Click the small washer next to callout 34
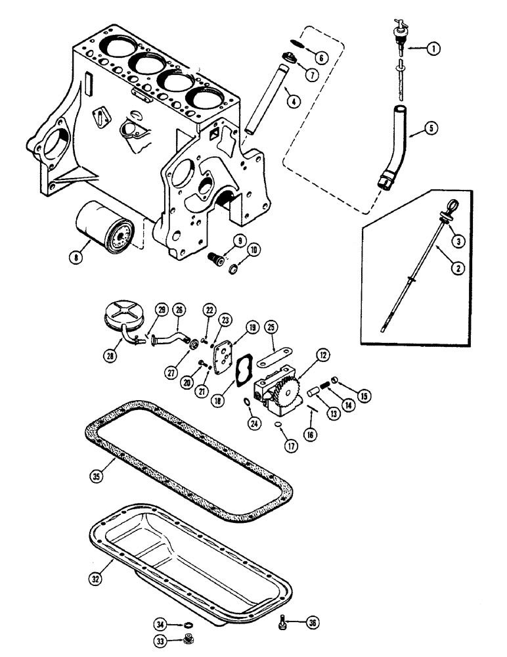point(188,625)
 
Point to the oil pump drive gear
point(290,389)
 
